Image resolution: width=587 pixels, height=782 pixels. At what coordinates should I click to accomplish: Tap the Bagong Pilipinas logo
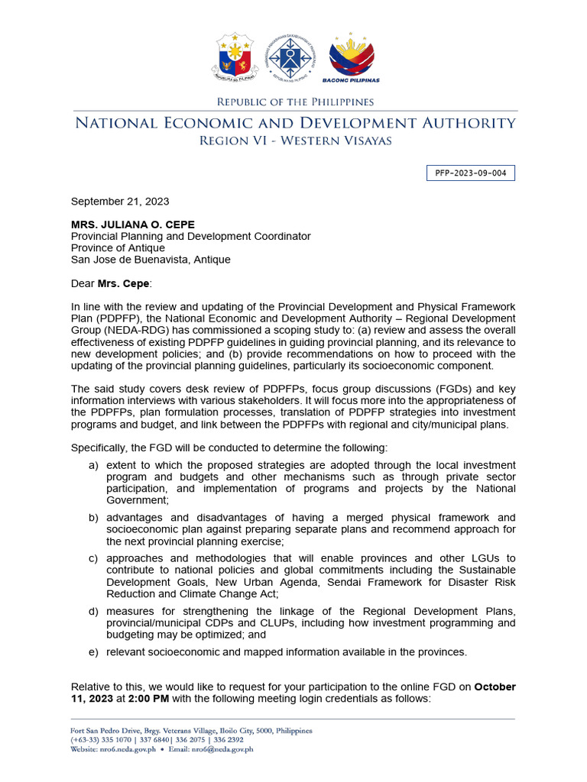pos(353,58)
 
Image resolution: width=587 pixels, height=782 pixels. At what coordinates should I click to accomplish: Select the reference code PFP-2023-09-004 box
pos(470,173)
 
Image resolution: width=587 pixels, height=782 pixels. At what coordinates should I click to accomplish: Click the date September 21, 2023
pos(120,202)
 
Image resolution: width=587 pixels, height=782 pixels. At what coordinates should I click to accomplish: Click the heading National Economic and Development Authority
pos(294,123)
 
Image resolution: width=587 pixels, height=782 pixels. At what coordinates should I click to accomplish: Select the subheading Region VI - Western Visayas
pos(294,141)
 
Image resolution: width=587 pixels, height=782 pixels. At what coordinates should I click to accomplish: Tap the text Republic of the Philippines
pos(294,102)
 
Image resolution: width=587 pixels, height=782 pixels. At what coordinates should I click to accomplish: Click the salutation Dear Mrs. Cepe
pos(112,283)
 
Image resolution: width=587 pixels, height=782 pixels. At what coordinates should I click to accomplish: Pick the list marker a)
pos(93,465)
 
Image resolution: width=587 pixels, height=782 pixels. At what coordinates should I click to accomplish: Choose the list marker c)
pos(93,558)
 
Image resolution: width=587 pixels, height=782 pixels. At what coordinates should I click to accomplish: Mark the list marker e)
pos(93,651)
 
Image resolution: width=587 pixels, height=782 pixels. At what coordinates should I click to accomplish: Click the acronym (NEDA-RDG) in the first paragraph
pos(106,329)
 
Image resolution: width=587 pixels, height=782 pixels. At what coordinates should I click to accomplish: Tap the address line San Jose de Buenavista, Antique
pos(151,260)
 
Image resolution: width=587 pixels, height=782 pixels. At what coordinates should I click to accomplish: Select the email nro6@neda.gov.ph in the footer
pos(222,749)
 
